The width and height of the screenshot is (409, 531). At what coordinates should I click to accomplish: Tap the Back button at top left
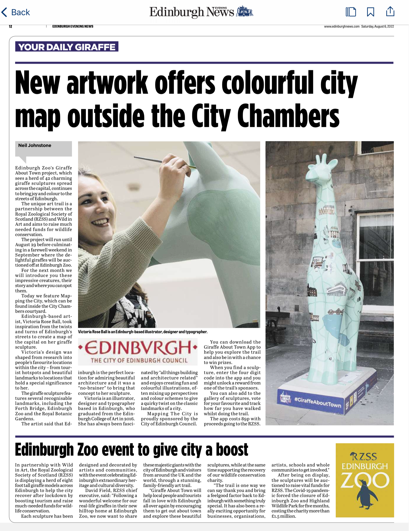pos(16,12)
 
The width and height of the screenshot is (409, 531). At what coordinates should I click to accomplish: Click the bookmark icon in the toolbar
pos(370,12)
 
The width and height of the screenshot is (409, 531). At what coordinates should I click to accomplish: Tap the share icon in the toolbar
pos(390,11)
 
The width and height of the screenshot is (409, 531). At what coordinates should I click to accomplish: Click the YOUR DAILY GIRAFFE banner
pos(67,47)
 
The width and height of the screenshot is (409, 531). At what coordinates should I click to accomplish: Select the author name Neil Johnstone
pos(35,145)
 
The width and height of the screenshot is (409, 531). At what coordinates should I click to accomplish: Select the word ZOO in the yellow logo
pos(365,481)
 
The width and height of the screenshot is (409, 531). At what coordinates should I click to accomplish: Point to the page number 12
pos(10,26)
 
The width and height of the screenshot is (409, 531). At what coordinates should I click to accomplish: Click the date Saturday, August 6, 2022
pos(377,26)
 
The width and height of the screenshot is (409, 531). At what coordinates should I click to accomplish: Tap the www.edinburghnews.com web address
pos(342,26)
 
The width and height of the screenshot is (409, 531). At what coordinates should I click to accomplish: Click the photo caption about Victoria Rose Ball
pos(142,332)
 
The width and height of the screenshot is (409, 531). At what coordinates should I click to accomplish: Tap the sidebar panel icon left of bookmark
pos(351,12)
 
